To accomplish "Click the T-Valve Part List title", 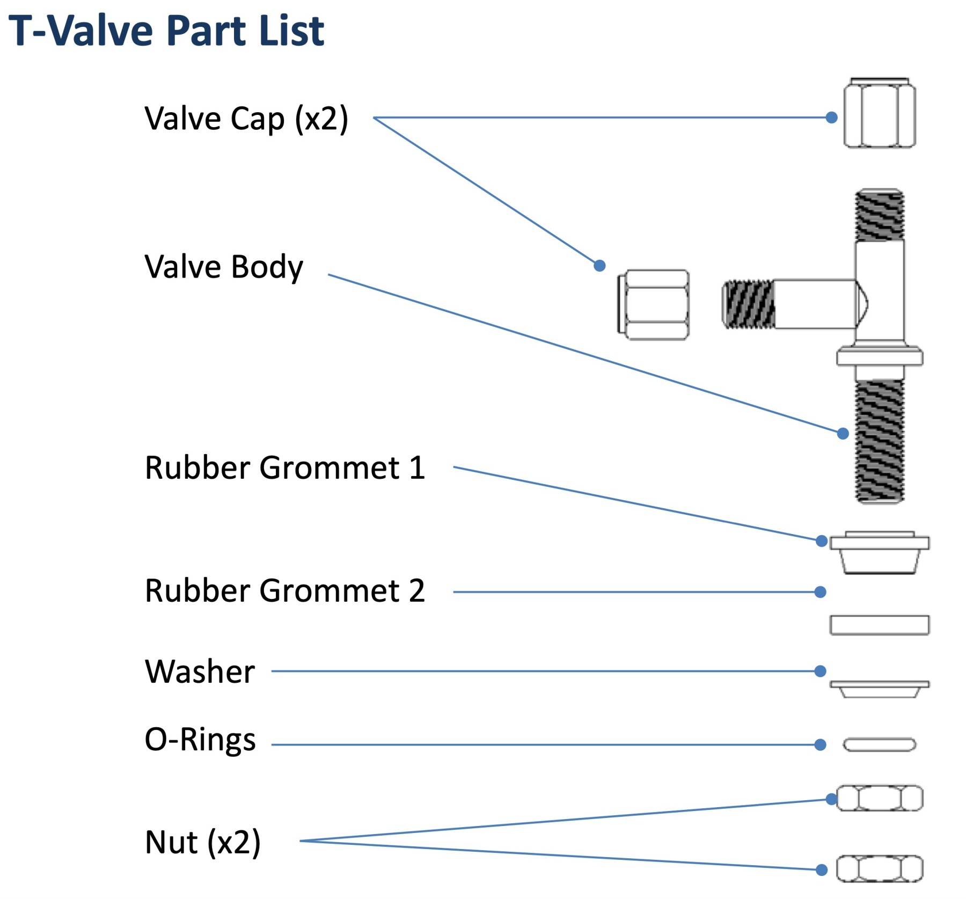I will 166,31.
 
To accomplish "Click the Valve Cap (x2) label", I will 246,119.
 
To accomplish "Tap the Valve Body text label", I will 224,267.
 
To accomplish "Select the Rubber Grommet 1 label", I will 285,467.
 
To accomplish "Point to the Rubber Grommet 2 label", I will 285,591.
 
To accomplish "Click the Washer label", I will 200,671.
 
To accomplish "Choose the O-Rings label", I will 200,740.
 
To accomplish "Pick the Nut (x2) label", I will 203,842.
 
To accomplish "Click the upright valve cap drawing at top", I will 879,113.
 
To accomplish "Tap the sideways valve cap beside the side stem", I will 653,305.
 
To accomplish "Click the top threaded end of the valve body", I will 879,215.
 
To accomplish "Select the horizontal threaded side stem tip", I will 748,304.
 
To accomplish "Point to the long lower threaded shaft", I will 879,441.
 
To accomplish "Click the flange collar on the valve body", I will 879,356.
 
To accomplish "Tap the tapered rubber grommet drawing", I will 879,554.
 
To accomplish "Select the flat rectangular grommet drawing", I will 879,625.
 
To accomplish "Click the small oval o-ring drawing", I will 879,744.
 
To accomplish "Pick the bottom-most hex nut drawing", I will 879,869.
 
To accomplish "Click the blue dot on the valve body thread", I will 843,433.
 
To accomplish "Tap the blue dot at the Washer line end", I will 820,671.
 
